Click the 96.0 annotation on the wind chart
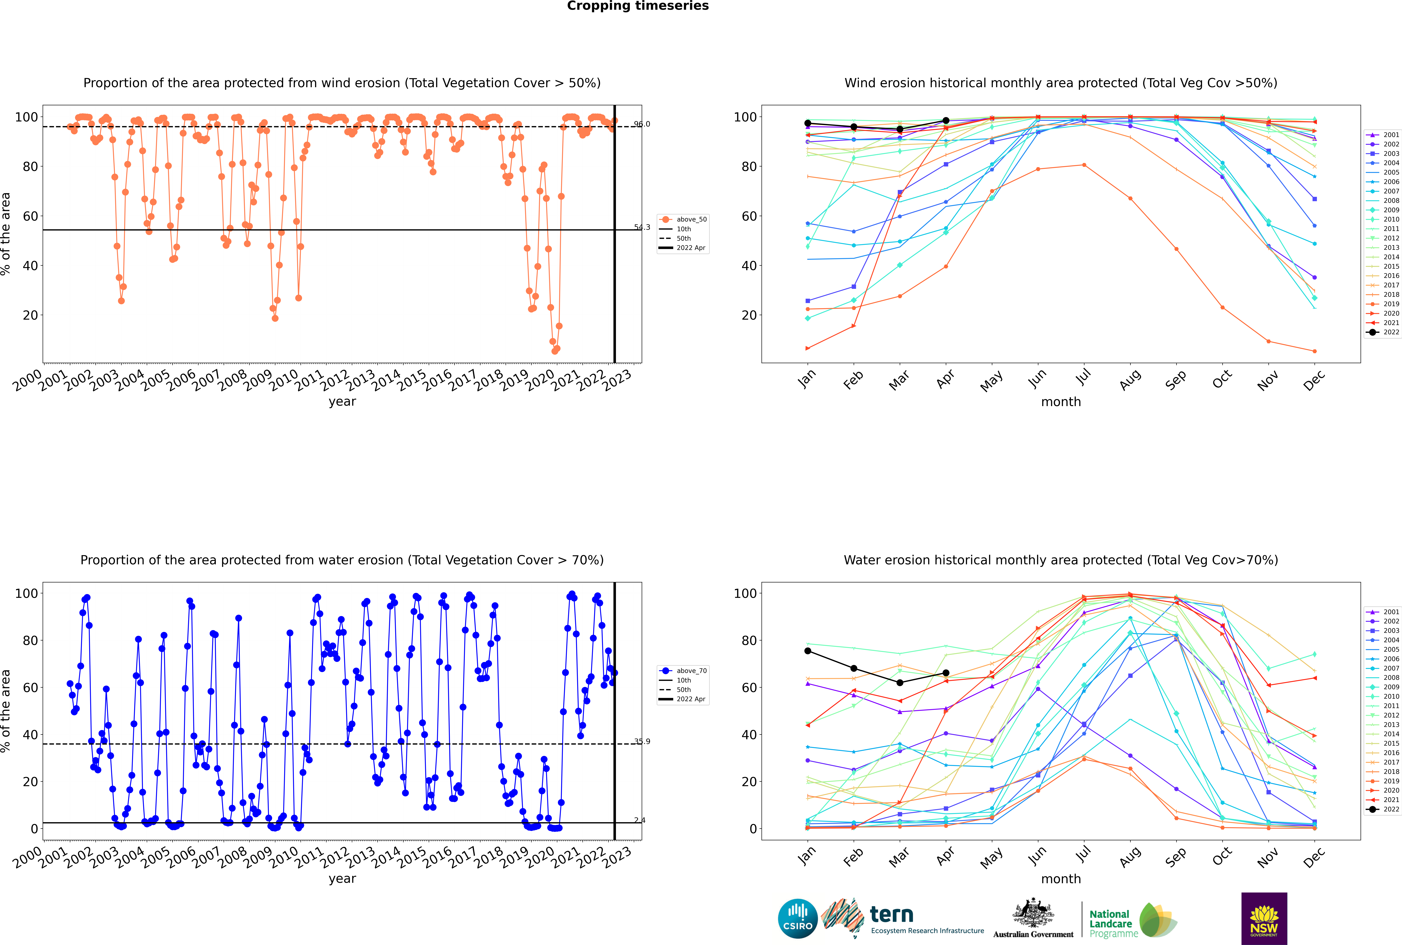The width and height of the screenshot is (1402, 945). pyautogui.click(x=642, y=124)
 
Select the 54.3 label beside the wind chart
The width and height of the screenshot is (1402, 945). pyautogui.click(x=642, y=227)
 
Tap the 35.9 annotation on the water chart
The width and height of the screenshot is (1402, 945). pyautogui.click(x=642, y=741)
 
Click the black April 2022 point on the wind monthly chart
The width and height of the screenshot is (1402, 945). pyautogui.click(x=946, y=121)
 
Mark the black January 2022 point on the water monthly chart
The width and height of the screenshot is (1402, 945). pyautogui.click(x=808, y=651)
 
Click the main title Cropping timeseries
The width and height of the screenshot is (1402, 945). pyautogui.click(x=638, y=6)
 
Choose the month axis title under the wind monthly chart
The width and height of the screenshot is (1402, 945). pyautogui.click(x=1061, y=402)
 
